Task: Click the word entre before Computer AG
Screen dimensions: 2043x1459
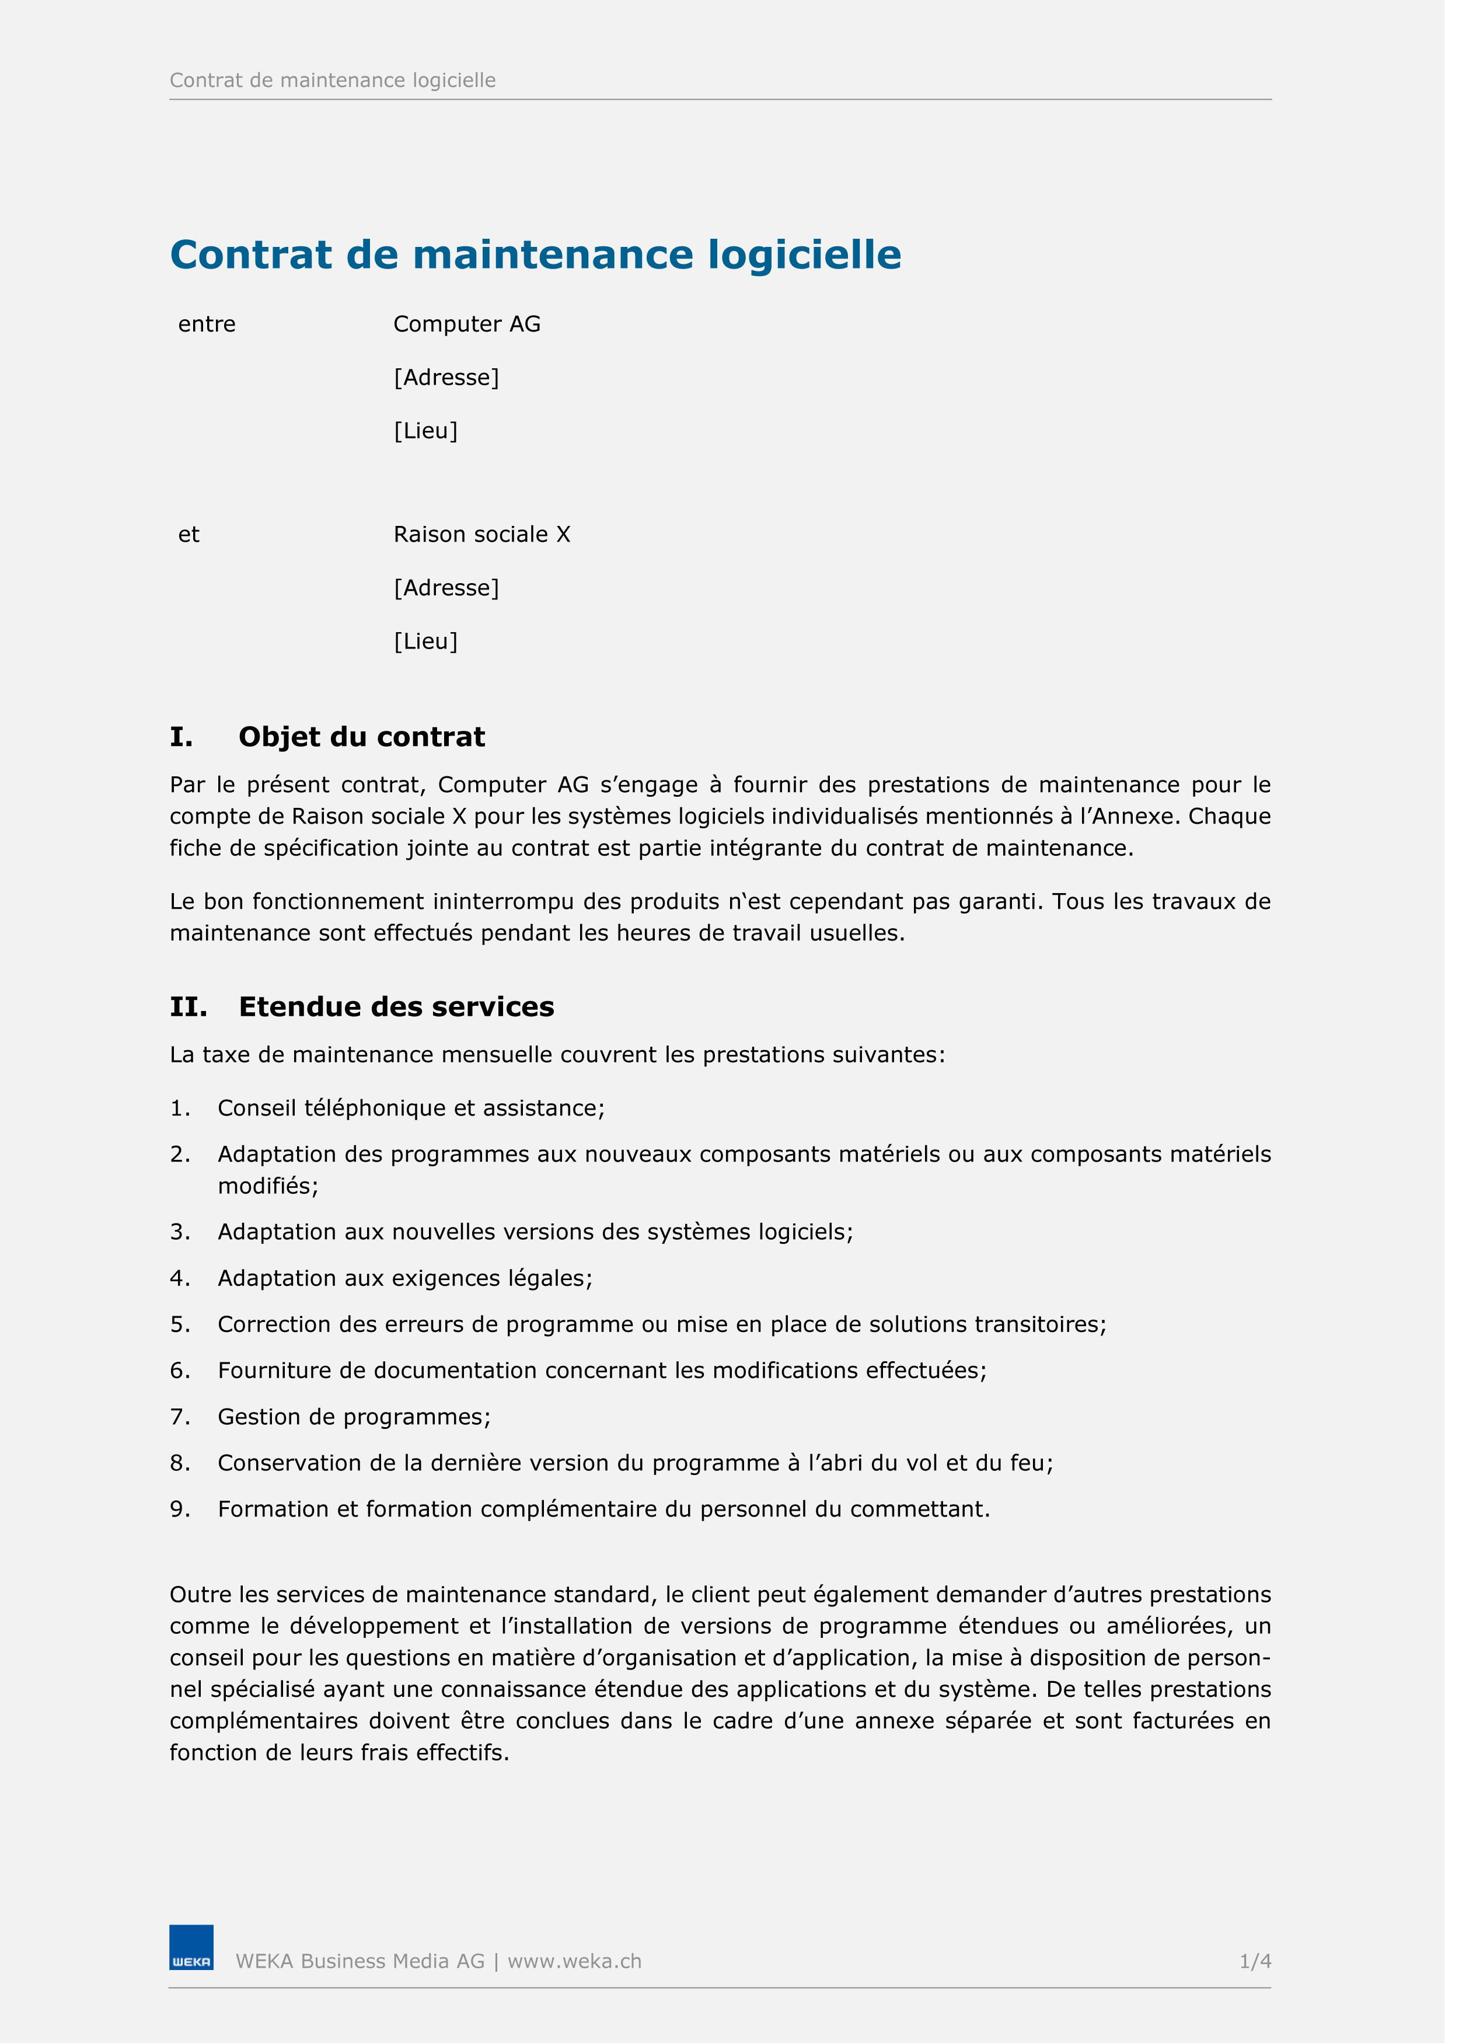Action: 208,327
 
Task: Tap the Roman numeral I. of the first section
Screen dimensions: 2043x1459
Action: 182,744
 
